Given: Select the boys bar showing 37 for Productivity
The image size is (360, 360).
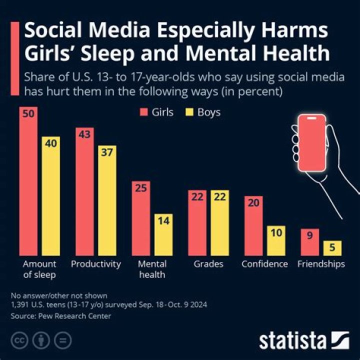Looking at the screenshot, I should point(107,200).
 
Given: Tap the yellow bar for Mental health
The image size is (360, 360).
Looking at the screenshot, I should point(163,234).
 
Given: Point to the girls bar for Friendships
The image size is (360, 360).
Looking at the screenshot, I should point(309,241).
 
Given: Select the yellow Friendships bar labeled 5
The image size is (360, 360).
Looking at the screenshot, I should point(332,247).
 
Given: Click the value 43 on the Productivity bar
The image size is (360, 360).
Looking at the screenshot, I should point(84,134).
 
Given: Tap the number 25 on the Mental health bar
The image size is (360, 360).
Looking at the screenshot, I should point(141,188).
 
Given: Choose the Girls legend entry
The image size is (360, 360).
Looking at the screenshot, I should point(156,112).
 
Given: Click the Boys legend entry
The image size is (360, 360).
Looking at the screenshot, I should point(203,112).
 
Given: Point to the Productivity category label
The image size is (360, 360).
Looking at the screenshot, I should point(96,264).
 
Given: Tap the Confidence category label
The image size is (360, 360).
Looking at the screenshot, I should point(264,264).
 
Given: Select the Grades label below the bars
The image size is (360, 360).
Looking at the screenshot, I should point(208,264).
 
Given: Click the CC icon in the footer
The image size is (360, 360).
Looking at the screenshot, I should point(18,340).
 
